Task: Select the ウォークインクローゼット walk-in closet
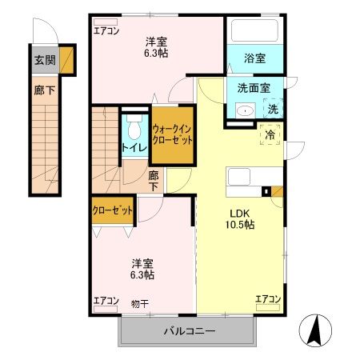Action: (173, 134)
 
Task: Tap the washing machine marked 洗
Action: (273, 109)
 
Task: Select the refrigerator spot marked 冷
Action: (270, 134)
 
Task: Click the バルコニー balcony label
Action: (190, 330)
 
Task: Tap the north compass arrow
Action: (314, 329)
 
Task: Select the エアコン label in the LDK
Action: (268, 299)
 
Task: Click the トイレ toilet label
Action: (133, 147)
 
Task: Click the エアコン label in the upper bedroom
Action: (106, 30)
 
